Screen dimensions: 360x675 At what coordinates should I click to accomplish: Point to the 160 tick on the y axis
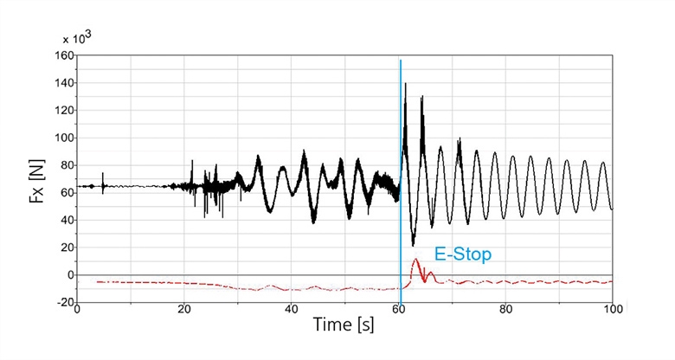pos(62,55)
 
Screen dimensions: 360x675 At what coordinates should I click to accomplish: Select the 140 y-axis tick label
pos(62,83)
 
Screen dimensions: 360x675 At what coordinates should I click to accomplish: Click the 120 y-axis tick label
pos(62,111)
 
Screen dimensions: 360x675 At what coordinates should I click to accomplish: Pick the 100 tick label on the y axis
pos(62,138)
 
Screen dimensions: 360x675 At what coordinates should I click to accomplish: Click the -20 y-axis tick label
pos(62,303)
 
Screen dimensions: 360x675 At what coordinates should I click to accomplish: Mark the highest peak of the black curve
pos(405,84)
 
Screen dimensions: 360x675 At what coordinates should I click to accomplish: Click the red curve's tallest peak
pos(415,259)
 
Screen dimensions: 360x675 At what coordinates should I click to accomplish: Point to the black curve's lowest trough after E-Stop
pos(413,245)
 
